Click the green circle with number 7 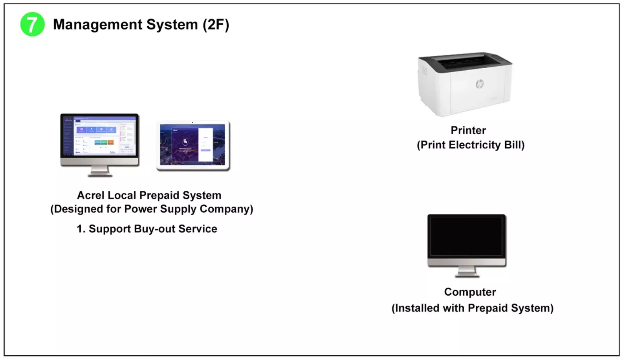(x=32, y=24)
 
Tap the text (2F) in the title (x=216, y=24)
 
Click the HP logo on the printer (x=480, y=84)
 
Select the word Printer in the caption (x=468, y=130)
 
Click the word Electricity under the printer (x=475, y=145)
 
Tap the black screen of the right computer (x=466, y=236)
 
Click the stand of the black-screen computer (x=467, y=272)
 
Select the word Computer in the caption (x=470, y=292)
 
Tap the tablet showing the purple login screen (x=193, y=145)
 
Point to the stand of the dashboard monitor (x=100, y=171)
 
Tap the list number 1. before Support (x=81, y=229)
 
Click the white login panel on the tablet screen (x=205, y=144)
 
